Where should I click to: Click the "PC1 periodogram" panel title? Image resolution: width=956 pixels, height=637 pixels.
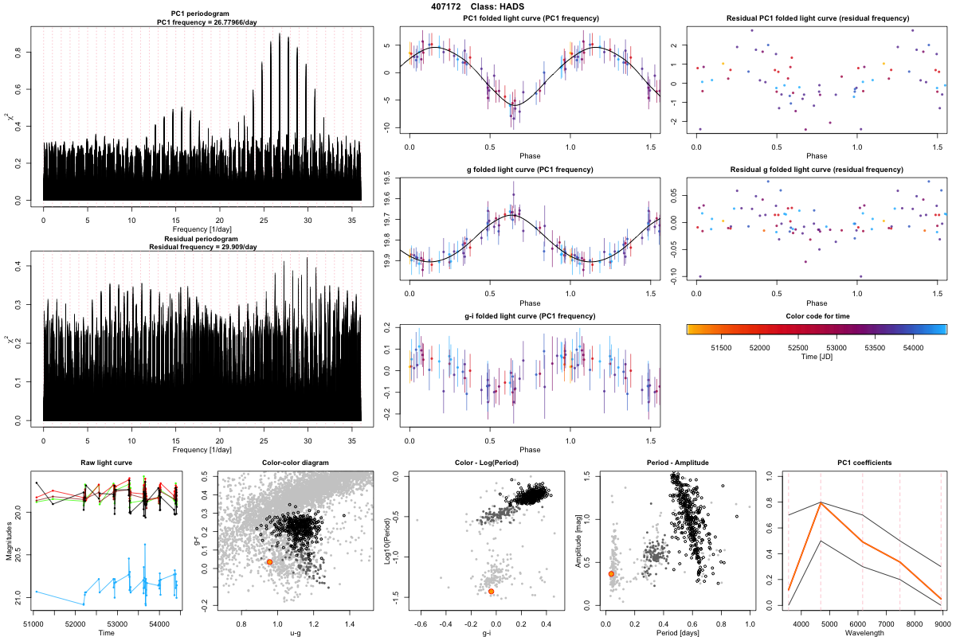click(202, 15)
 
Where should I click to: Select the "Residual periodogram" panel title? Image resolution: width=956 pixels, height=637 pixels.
click(202, 239)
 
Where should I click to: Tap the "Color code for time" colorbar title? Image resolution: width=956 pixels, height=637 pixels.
click(817, 315)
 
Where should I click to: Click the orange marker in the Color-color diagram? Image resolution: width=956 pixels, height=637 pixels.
click(269, 562)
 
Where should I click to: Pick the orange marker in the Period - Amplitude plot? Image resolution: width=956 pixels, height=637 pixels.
click(611, 573)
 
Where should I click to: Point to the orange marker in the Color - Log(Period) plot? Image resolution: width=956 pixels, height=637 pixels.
click(492, 591)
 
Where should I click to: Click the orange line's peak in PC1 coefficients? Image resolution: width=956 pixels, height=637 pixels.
click(821, 503)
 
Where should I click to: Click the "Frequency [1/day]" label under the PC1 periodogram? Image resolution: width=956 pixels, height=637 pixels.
click(202, 229)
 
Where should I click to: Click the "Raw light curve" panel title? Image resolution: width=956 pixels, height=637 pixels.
click(106, 463)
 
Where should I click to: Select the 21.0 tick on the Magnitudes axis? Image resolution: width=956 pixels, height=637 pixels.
click(22, 594)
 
